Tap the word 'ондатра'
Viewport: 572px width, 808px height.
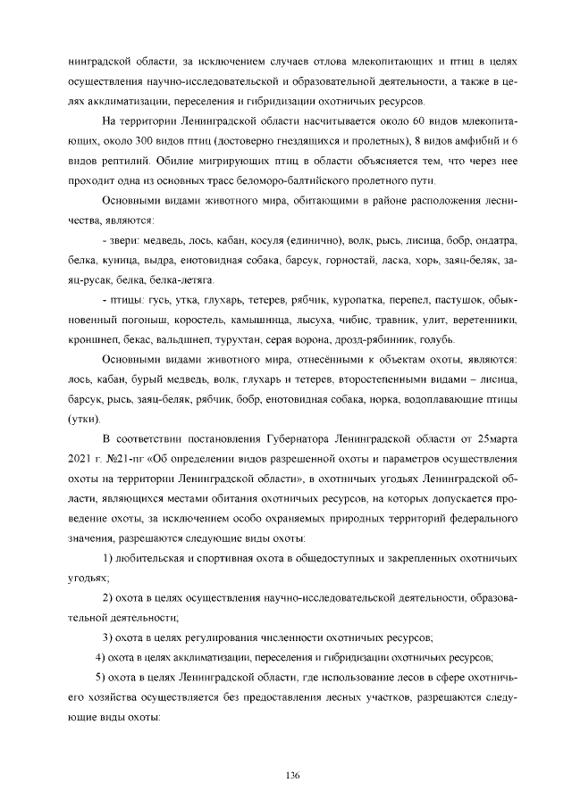coord(495,243)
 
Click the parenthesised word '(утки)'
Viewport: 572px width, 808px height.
coord(85,419)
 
